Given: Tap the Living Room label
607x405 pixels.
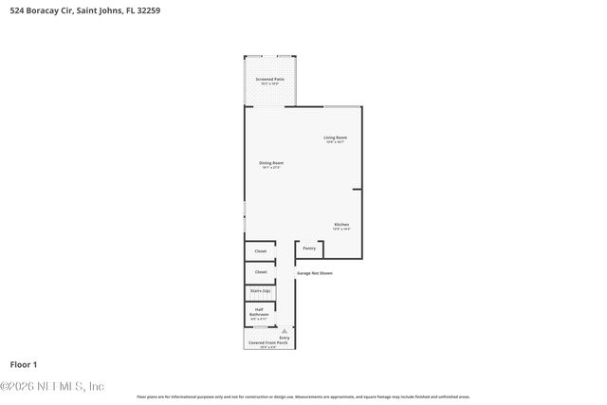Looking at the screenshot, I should tap(336, 138).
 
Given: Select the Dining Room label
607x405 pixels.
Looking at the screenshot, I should tap(271, 163).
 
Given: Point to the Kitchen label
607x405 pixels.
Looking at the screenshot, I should tap(341, 225).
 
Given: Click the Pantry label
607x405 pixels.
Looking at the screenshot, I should tap(309, 249).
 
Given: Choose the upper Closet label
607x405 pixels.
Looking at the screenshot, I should tap(260, 251).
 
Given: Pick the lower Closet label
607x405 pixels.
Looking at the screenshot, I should tap(260, 272).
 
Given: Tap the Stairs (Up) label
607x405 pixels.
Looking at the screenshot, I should tap(260, 291).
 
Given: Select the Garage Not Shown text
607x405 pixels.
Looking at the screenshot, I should tap(315, 273).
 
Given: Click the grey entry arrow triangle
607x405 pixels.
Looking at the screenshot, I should tap(284, 331).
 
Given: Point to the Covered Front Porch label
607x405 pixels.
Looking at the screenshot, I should tap(270, 342).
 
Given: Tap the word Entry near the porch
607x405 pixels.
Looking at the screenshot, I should tap(285, 338).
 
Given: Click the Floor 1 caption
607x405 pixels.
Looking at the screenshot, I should tap(24, 364).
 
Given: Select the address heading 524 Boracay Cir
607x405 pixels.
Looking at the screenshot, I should tap(42, 12).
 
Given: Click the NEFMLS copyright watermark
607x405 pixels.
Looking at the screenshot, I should tap(52, 386).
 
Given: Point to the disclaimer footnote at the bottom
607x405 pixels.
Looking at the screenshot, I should tap(303, 396).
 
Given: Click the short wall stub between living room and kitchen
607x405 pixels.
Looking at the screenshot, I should tap(357, 190).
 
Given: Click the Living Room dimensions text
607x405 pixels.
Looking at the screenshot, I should tap(336, 142).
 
